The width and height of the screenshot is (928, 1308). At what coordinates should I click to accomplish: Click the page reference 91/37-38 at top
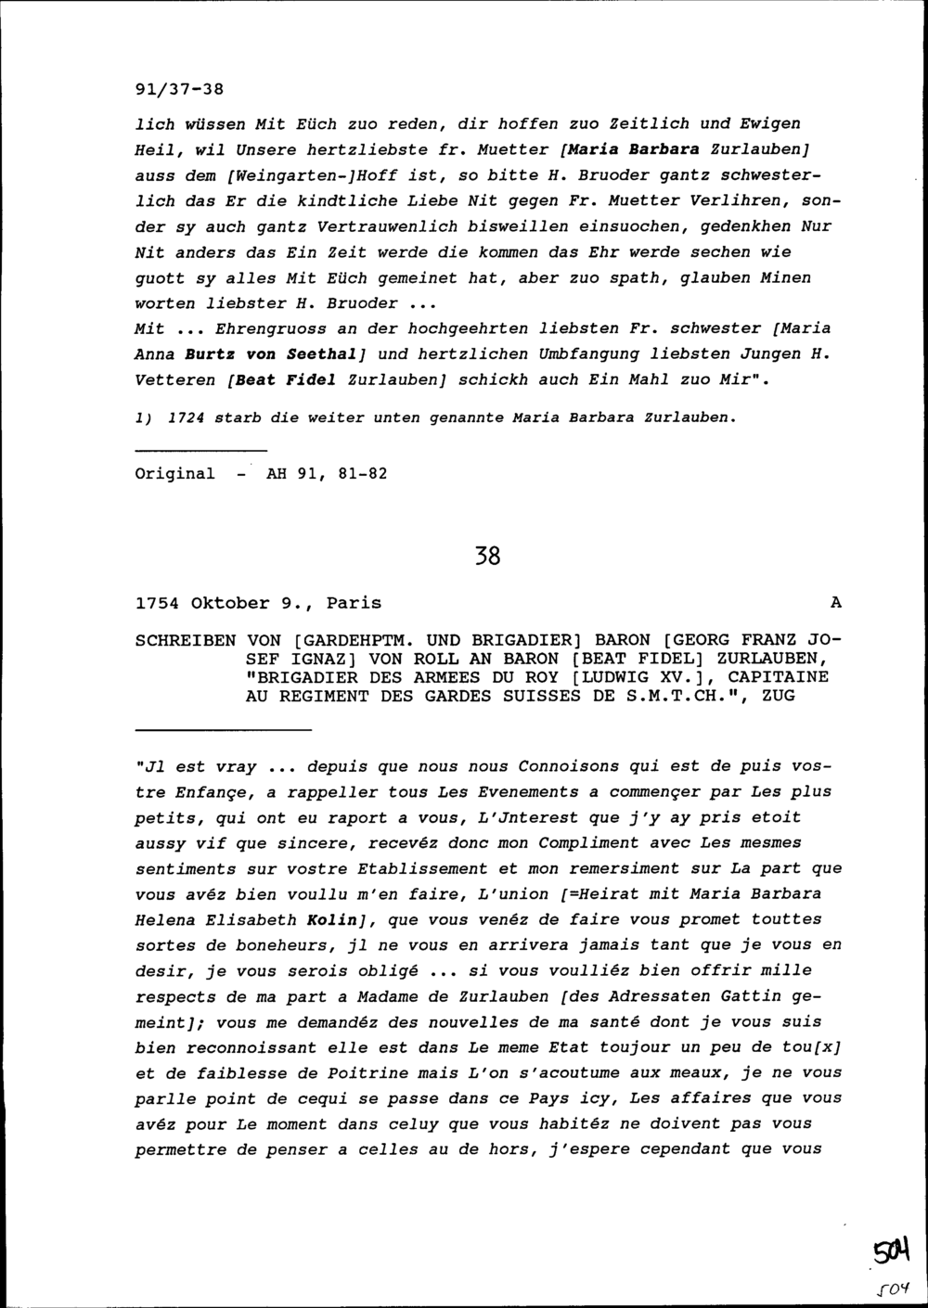[x=180, y=90]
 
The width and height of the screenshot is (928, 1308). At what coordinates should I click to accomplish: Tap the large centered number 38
[x=487, y=557]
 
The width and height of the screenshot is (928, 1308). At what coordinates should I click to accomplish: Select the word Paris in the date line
[x=354, y=603]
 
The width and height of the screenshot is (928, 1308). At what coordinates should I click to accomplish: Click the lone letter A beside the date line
[x=835, y=603]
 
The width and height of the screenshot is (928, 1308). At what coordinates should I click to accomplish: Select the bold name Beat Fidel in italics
[x=287, y=379]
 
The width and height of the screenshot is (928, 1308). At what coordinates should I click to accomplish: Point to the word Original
[x=174, y=474]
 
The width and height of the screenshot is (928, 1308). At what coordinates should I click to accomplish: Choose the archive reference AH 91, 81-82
[x=327, y=474]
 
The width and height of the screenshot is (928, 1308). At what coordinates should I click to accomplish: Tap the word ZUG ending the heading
[x=778, y=695]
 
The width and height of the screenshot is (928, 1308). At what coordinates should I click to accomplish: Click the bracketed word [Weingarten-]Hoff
[x=299, y=174]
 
